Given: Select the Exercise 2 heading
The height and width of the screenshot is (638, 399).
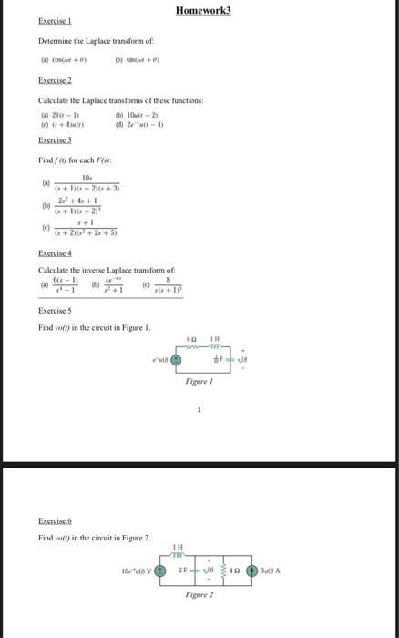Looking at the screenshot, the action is point(56,80).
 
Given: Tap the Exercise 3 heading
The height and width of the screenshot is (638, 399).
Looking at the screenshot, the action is point(56,141).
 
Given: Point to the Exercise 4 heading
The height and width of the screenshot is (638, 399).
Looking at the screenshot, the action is point(56,252).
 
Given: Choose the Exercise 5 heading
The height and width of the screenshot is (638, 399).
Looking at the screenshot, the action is point(56,312).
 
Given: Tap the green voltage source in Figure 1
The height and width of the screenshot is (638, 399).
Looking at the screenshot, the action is point(179,360).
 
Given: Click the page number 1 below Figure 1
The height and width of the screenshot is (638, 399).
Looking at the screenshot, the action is point(199,435).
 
